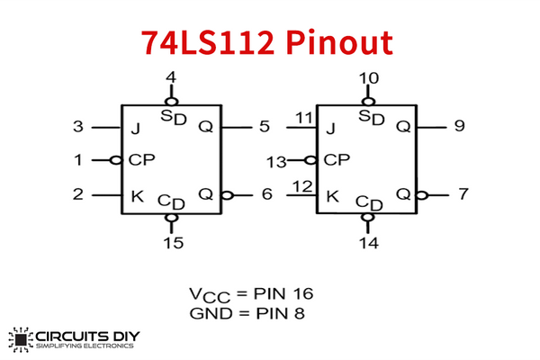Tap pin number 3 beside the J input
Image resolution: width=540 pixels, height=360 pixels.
79,127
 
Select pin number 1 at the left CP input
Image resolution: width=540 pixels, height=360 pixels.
78,160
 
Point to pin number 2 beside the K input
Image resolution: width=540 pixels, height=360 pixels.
79,193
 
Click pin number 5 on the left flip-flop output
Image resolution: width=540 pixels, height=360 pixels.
264,127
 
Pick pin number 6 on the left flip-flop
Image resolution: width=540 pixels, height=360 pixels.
266,193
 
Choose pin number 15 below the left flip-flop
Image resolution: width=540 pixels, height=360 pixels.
172,242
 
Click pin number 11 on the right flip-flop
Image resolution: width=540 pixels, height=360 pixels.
304,118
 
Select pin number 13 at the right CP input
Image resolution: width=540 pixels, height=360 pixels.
278,161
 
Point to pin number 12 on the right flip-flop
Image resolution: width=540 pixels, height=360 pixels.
303,185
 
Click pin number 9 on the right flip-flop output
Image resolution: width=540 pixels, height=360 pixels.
460,127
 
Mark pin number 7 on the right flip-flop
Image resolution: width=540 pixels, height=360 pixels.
463,193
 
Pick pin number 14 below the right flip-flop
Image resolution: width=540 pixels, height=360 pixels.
368,242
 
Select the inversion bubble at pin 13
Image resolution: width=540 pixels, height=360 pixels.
311,160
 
